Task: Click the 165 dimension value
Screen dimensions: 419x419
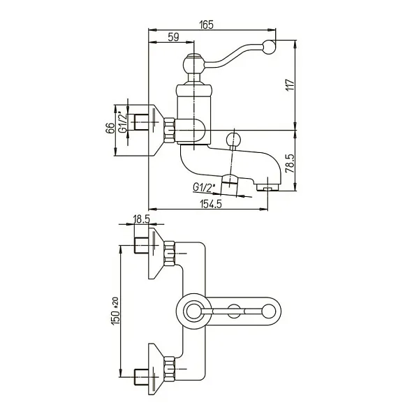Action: [x=207, y=24]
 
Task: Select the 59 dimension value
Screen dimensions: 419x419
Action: [x=173, y=37]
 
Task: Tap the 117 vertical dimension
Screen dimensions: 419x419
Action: [x=290, y=85]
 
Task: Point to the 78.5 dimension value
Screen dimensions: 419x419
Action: [x=290, y=163]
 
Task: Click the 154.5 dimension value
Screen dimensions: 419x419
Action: [x=211, y=204]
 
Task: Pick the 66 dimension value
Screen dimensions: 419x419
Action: [x=110, y=128]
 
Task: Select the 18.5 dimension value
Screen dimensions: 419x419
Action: [x=141, y=219]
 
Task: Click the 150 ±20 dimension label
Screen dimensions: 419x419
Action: [x=116, y=311]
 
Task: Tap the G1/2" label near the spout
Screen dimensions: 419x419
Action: [x=204, y=187]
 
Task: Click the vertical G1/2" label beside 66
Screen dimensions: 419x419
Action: [x=123, y=122]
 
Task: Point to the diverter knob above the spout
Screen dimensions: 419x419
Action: [x=233, y=140]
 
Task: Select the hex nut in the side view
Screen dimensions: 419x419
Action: [x=169, y=130]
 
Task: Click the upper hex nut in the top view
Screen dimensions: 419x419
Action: [x=169, y=253]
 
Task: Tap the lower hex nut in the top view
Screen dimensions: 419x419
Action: [x=169, y=369]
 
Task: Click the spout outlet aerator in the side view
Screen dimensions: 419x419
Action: [x=267, y=188]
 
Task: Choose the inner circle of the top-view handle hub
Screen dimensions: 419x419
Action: [x=193, y=311]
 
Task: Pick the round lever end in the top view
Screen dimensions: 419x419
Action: [x=268, y=311]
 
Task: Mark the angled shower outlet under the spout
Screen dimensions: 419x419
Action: [x=230, y=184]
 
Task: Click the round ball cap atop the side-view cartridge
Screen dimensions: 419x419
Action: [x=193, y=64]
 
